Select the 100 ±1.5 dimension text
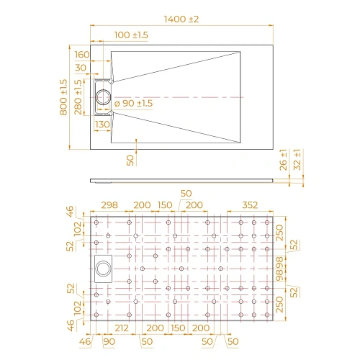[x=131, y=35]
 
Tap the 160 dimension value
[x=81, y=55]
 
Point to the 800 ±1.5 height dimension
[x=63, y=97]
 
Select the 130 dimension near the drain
[x=102, y=125]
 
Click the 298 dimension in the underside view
[x=109, y=205]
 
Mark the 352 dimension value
[x=250, y=205]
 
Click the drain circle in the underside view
[x=104, y=269]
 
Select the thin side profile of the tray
[x=180, y=179]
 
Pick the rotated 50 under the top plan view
[x=130, y=159]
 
